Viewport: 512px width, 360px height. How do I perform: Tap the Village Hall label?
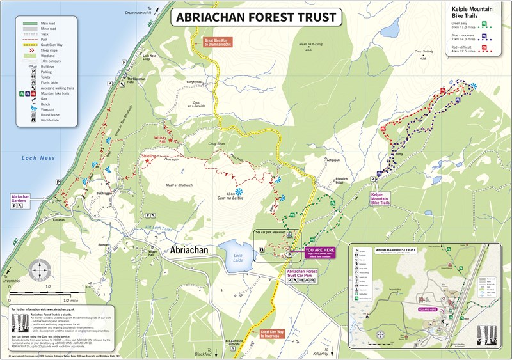point(152,252)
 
